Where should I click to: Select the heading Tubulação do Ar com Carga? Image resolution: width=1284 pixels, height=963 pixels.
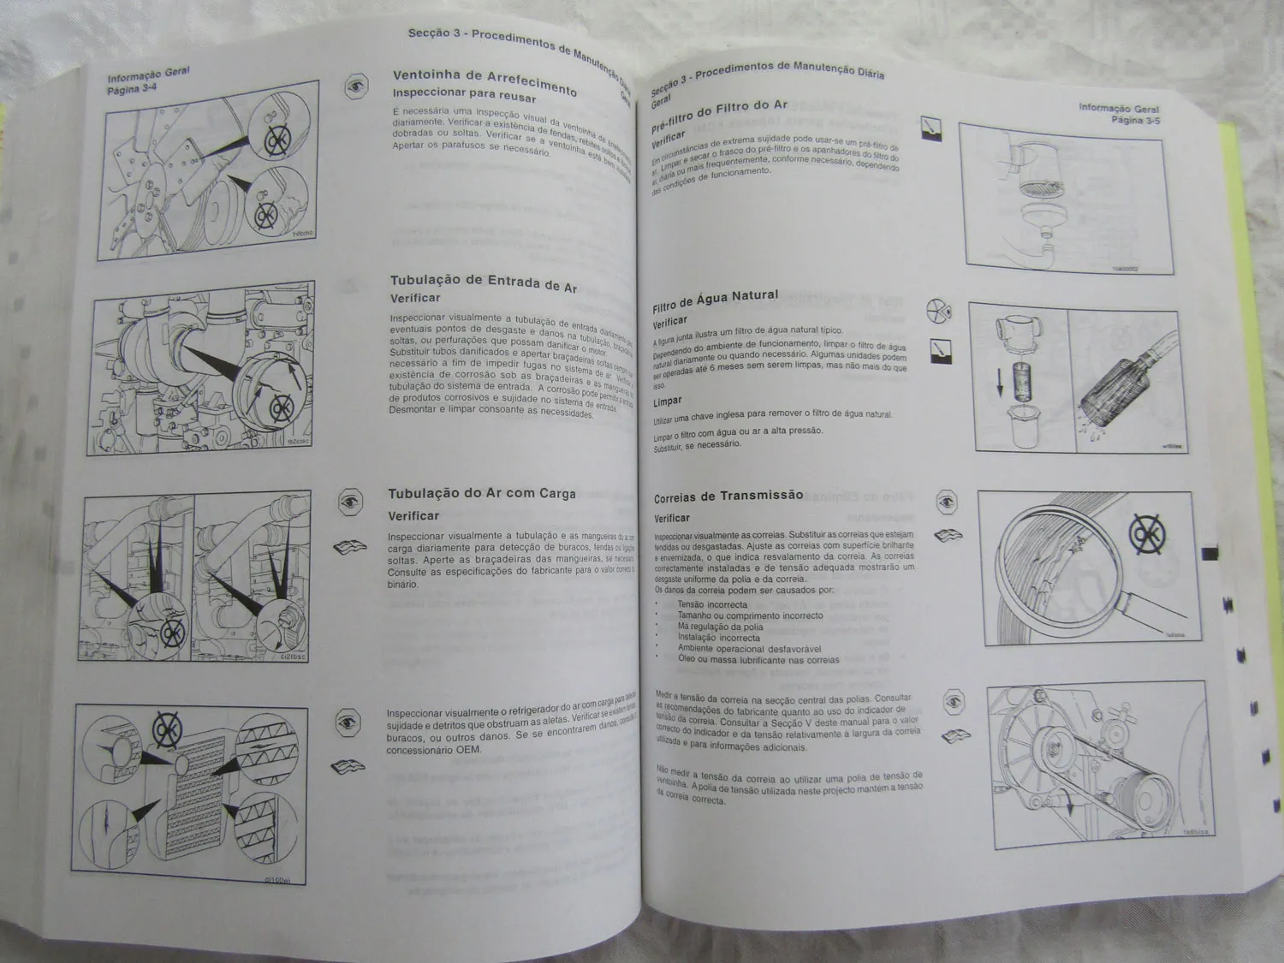tap(481, 494)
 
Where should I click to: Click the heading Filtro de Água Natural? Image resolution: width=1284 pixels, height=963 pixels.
tap(715, 300)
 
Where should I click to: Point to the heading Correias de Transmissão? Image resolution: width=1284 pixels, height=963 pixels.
tap(728, 496)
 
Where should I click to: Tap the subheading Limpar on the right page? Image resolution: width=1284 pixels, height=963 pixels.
tap(668, 401)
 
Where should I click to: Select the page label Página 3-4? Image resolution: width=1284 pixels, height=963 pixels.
tap(132, 88)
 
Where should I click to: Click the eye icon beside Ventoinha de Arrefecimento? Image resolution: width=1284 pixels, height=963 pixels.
tap(356, 86)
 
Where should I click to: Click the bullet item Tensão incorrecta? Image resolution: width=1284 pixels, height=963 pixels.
tap(712, 604)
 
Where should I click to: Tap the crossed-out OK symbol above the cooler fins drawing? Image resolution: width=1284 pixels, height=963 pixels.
tap(167, 728)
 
